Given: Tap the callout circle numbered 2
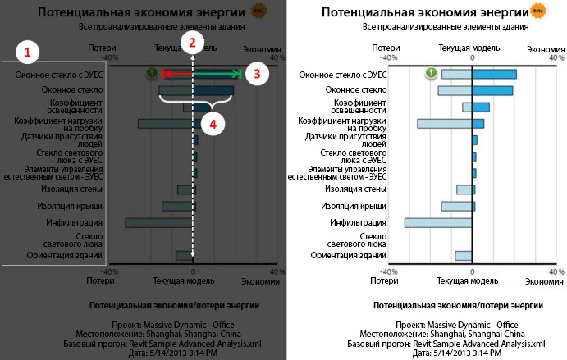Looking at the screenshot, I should tap(192, 43).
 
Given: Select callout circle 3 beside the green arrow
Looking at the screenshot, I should tap(257, 74).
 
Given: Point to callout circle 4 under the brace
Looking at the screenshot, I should tap(213, 124).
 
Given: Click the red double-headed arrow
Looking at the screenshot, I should tap(176, 74).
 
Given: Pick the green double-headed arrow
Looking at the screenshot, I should tap(218, 74).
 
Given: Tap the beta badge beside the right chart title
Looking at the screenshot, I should tap(538, 11).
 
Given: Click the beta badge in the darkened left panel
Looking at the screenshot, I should tap(258, 11).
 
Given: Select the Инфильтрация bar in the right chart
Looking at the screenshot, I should tap(438, 222).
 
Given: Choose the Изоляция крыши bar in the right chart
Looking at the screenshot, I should tap(456, 206).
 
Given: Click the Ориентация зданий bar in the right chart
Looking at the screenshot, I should tap(464, 255).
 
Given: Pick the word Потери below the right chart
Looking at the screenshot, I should tap(384, 280).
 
